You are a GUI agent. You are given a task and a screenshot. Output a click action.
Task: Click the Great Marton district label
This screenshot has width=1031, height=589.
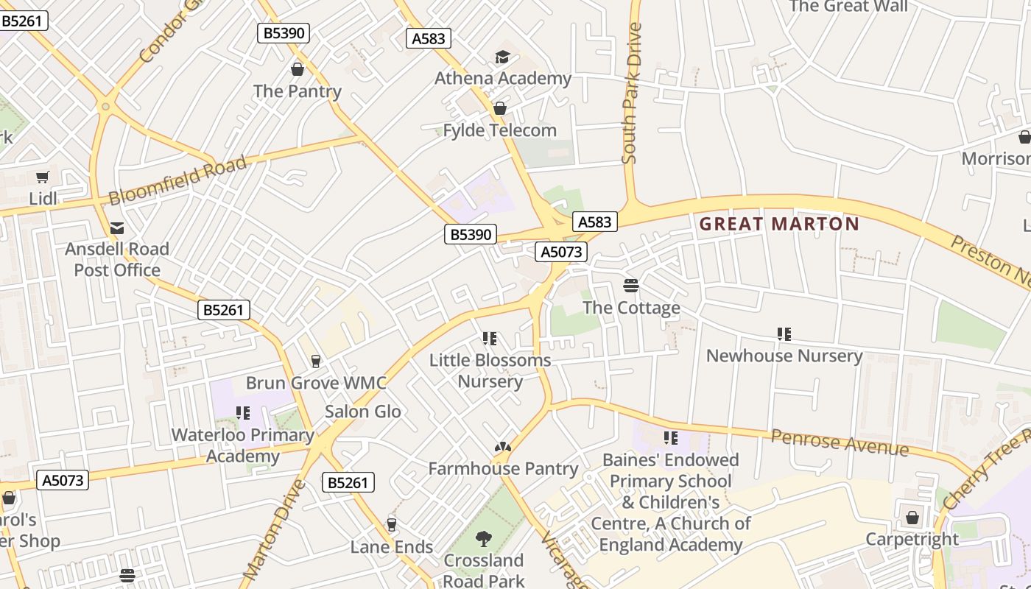point(779,224)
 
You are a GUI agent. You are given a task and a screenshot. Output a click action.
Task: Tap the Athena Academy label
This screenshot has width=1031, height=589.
point(503,78)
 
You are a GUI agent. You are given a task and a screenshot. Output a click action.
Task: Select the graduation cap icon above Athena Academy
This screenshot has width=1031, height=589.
point(502,57)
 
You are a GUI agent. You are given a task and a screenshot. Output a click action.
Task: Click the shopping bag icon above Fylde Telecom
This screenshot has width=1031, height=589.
point(500,109)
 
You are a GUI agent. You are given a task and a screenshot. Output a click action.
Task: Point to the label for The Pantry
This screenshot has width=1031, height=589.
point(298,91)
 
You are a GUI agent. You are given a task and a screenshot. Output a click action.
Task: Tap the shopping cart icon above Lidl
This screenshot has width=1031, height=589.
point(43,177)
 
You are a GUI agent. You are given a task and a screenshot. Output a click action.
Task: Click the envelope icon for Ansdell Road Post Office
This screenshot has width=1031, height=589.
point(117,228)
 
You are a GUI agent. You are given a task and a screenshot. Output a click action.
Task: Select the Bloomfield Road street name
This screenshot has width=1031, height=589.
point(177,181)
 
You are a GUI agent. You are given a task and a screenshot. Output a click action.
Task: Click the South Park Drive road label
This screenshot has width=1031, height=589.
point(631,92)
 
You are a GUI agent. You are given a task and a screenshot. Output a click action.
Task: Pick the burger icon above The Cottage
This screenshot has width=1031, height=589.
point(631,286)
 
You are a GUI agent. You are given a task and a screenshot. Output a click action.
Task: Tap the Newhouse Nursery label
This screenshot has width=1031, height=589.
point(784,356)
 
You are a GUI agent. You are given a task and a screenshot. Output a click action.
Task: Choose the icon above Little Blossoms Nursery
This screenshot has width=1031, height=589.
point(490,339)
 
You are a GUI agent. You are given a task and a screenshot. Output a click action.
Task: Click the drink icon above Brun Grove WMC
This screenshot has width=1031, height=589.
point(316,361)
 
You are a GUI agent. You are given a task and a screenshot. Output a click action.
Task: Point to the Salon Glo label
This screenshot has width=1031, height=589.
point(363,411)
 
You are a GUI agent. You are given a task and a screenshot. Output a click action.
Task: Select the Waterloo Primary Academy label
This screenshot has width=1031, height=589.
point(243,445)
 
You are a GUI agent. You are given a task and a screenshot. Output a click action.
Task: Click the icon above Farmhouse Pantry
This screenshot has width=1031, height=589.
point(503,447)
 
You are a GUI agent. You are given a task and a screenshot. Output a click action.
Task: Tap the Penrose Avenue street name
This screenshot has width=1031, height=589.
point(840,442)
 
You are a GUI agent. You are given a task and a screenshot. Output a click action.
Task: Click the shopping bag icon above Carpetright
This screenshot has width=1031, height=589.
point(912,518)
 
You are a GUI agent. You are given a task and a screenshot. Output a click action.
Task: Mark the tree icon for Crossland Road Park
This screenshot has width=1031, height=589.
point(484,539)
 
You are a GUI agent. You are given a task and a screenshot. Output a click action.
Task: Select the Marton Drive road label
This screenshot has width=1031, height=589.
point(274,528)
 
